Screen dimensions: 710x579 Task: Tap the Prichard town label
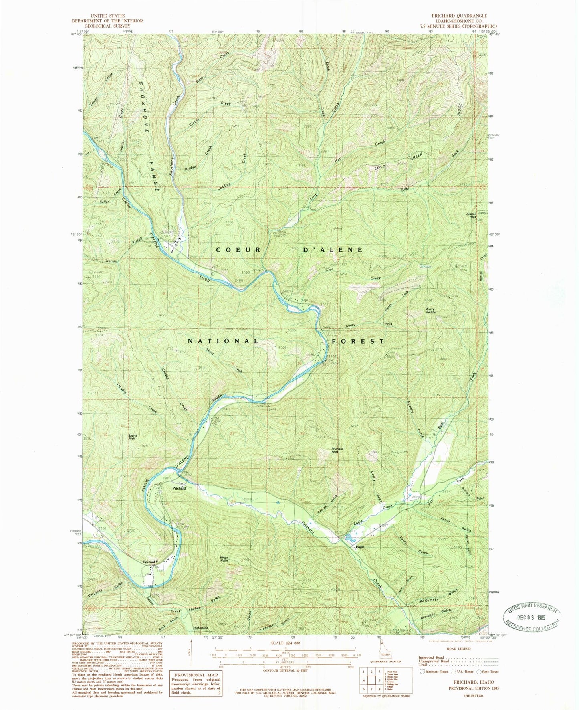[179, 488]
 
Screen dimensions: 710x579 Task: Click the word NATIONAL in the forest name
[223, 341]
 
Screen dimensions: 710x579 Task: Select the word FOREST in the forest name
[358, 341]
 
